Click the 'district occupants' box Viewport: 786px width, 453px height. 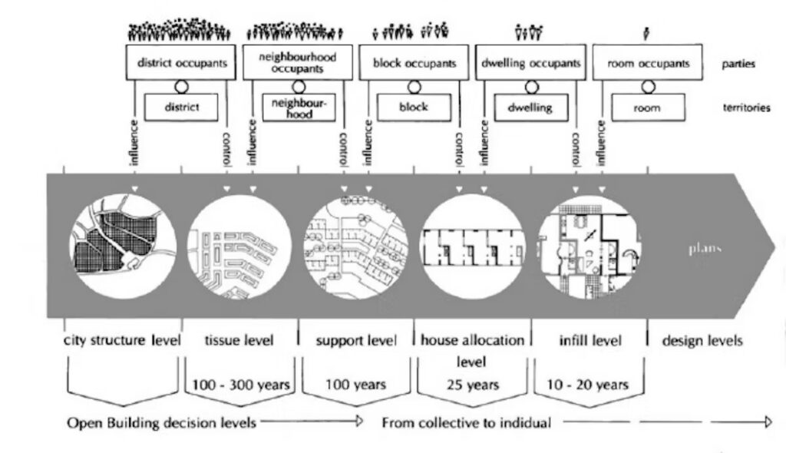coord(183,62)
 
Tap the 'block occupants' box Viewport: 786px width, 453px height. coord(414,62)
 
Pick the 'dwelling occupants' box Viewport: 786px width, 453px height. coord(530,62)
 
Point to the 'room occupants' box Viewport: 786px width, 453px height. coord(647,62)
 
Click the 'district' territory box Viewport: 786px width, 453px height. coord(181,107)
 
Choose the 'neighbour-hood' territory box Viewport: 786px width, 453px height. coord(299,107)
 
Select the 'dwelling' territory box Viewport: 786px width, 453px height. coord(530,107)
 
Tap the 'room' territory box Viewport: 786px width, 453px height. coord(646,107)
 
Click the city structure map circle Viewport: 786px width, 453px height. coord(123,246)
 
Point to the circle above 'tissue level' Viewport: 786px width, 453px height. coord(239,246)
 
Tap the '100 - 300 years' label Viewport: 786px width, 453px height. coord(240,383)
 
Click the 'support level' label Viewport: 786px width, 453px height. coord(356,340)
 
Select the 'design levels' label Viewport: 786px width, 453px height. coord(702,340)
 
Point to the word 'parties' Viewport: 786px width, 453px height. coord(738,64)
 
